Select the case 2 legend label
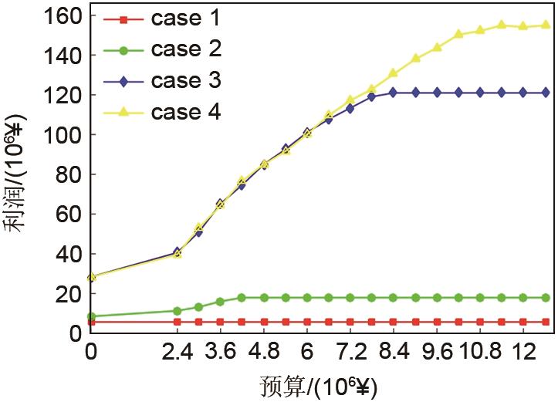coord(186,49)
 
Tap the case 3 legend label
coord(186,80)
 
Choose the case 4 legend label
coord(186,112)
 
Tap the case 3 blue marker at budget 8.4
coord(393,92)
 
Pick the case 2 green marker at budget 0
coord(91,316)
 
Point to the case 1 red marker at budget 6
coord(307,322)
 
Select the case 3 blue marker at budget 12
coord(523,92)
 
